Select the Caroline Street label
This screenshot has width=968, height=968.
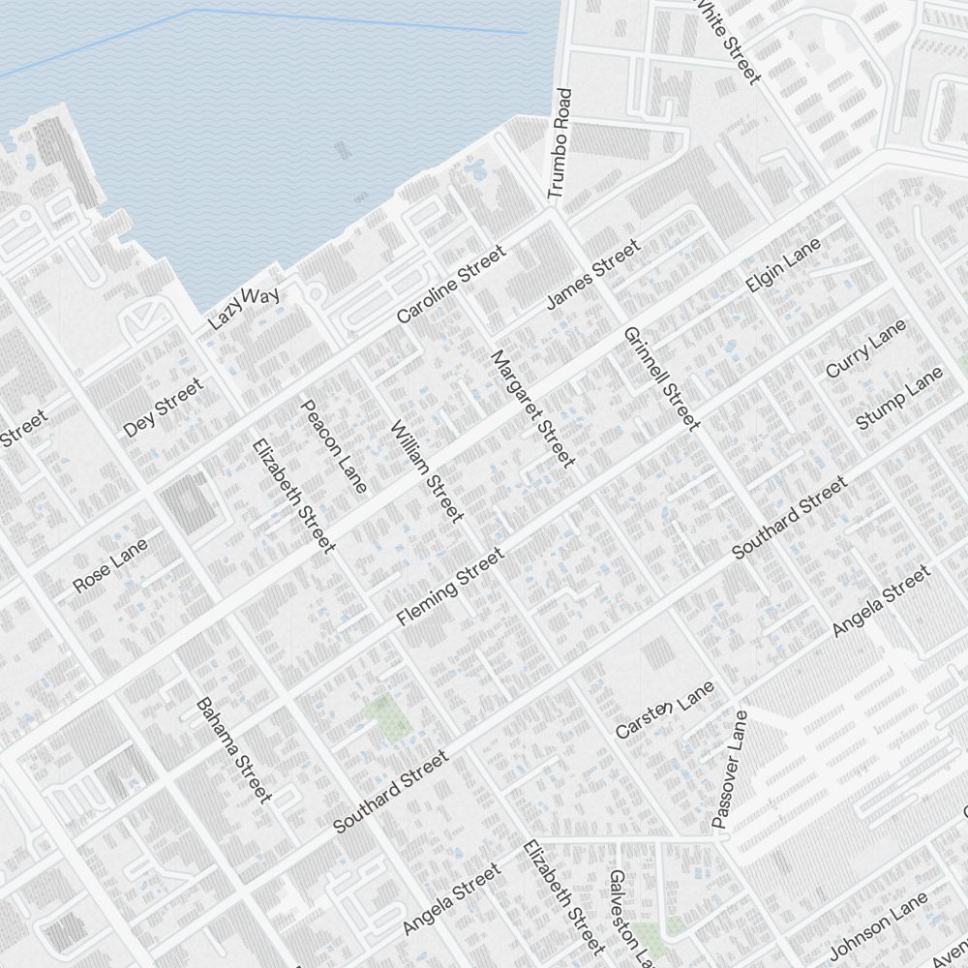pyautogui.click(x=451, y=285)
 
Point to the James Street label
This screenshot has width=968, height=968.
pyautogui.click(x=592, y=275)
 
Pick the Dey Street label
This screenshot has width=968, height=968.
pyautogui.click(x=164, y=408)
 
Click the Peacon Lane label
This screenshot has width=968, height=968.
pyautogui.click(x=334, y=446)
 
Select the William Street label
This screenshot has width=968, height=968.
pyautogui.click(x=427, y=471)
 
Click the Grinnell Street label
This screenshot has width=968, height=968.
pyautogui.click(x=661, y=378)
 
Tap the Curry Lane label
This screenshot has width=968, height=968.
pyautogui.click(x=865, y=348)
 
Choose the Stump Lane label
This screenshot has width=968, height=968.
pyautogui.click(x=898, y=399)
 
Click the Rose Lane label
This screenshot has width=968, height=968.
pyautogui.click(x=110, y=565)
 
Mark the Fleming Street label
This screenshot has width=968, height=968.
pyautogui.click(x=450, y=586)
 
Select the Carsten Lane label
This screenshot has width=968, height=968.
pyautogui.click(x=665, y=710)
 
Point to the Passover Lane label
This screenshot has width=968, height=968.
pyautogui.click(x=730, y=770)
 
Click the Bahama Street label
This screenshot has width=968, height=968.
pyautogui.click(x=233, y=750)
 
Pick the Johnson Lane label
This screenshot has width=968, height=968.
pyautogui.click(x=878, y=922)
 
